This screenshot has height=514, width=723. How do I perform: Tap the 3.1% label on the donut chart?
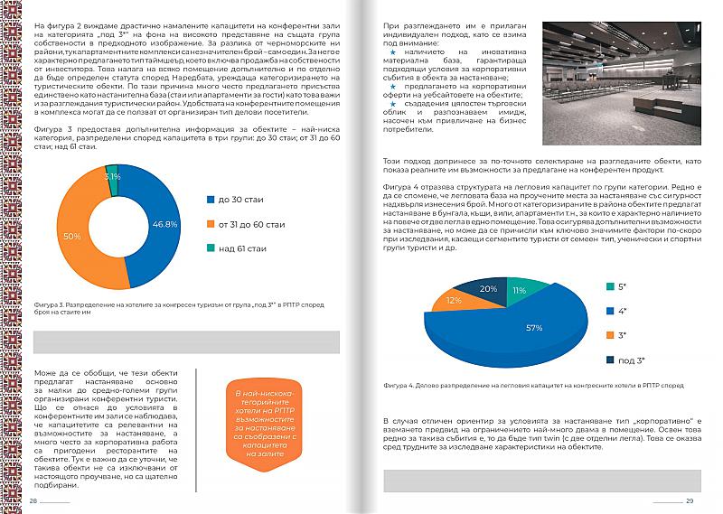click(112, 176)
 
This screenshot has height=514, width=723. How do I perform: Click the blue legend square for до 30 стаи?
click(211, 198)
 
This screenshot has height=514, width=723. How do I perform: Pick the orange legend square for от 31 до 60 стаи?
click(211, 223)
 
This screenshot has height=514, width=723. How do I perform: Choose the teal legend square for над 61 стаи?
click(211, 248)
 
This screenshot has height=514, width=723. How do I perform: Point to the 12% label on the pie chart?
click(454, 300)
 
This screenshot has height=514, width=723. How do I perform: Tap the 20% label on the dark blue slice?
click(488, 289)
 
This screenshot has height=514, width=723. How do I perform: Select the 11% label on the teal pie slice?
click(520, 290)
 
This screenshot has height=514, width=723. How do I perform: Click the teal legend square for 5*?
click(610, 286)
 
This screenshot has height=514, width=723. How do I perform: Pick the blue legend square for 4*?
click(610, 311)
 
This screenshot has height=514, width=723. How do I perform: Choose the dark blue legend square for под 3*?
click(610, 360)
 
